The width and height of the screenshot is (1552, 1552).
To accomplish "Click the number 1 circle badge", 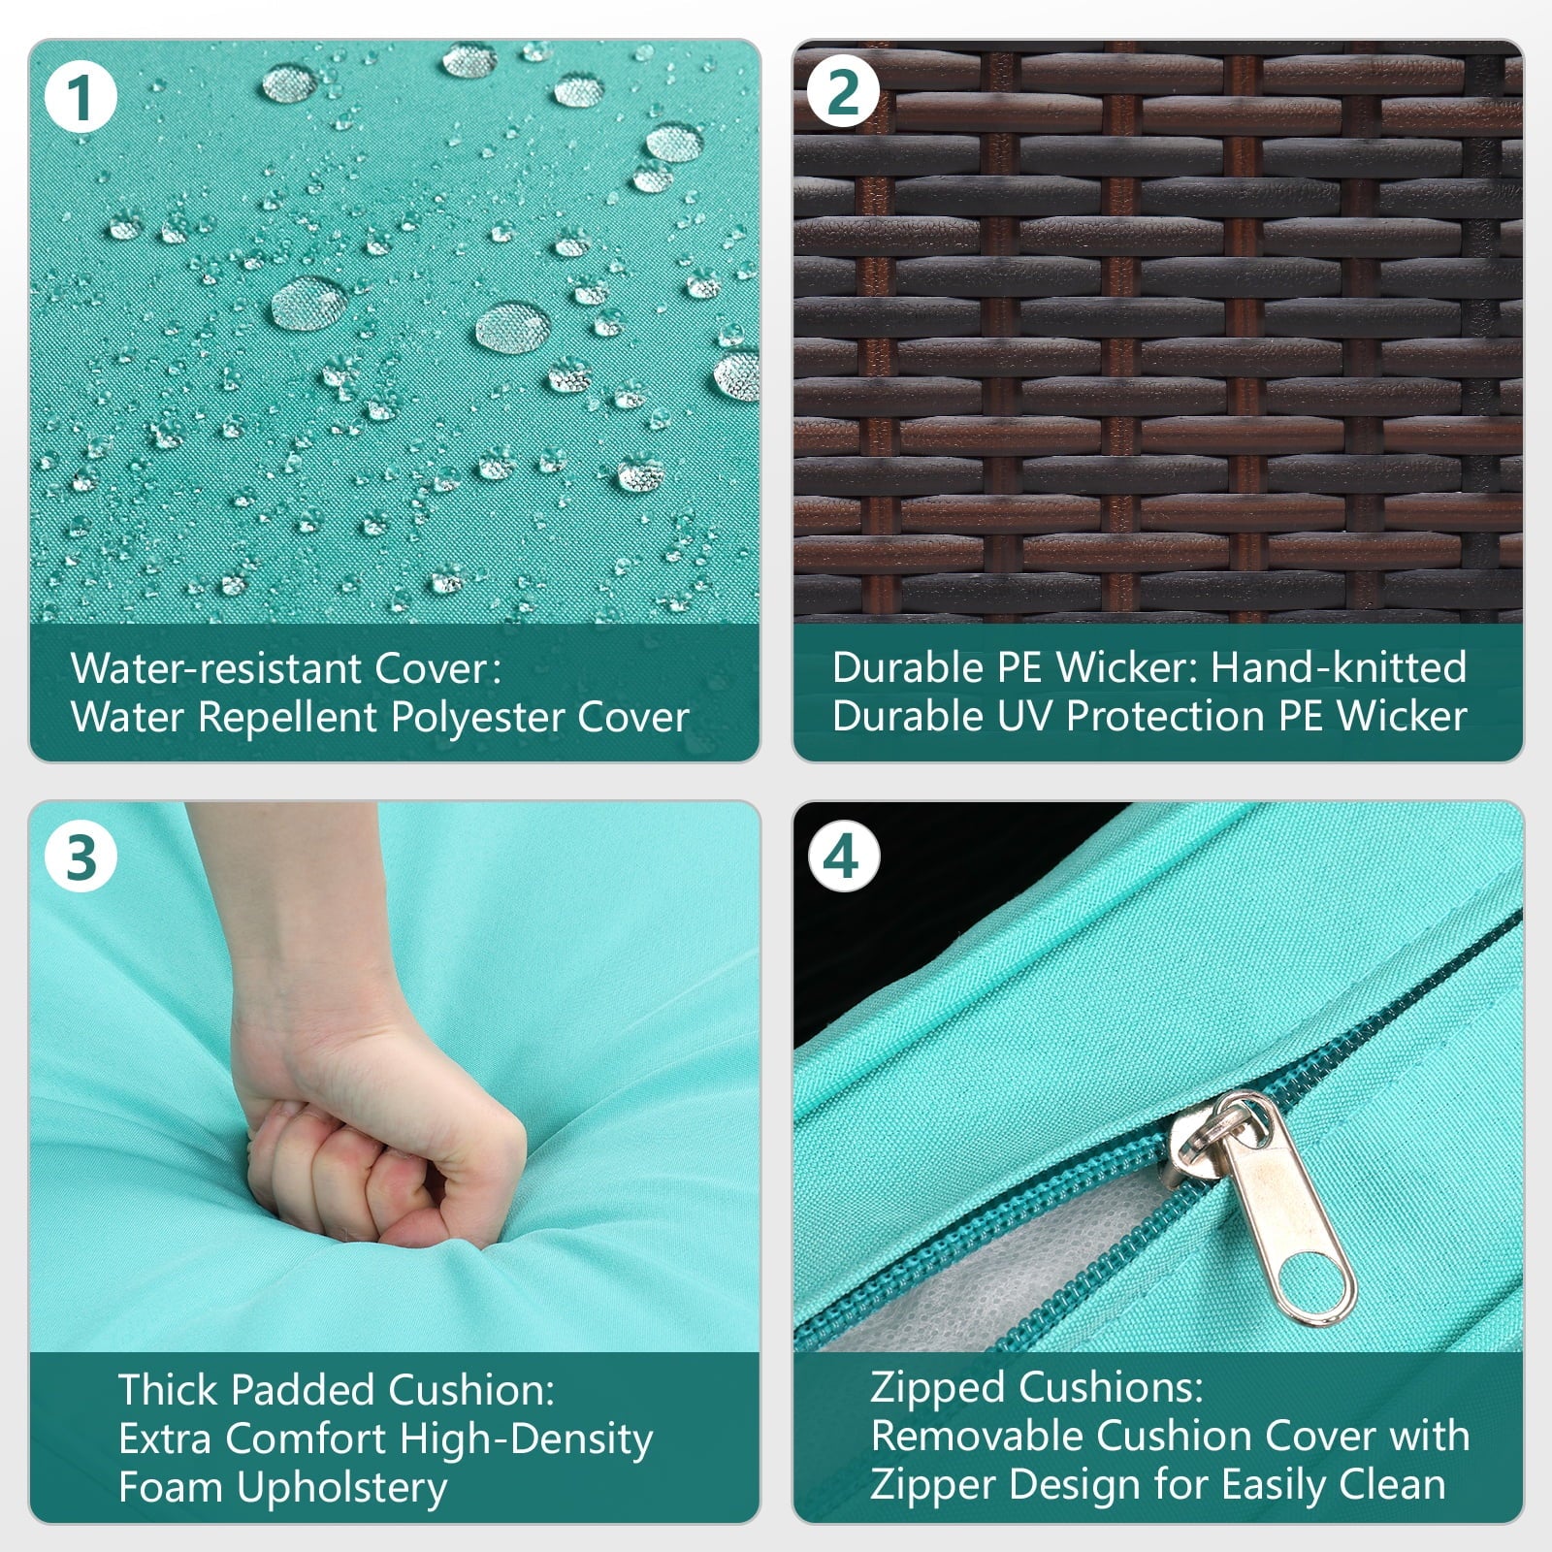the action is coord(81,97).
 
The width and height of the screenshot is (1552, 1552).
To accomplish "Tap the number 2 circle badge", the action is coord(843,92).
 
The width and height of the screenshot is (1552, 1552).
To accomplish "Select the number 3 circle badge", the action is coord(81,857).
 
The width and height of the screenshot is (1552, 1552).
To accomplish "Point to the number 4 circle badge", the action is coord(843,857).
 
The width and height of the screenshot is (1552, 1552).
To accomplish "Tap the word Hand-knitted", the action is coord(1339,667).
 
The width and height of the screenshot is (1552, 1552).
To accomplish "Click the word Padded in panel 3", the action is coord(295,1390).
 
